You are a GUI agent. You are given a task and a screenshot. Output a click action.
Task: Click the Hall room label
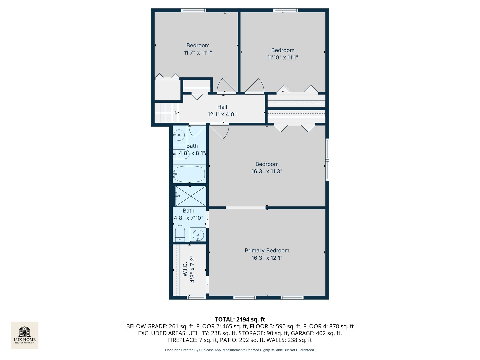(x=222, y=107)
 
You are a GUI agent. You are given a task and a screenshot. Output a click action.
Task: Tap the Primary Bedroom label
(x=267, y=250)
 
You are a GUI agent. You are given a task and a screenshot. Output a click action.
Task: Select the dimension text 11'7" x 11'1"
(x=198, y=53)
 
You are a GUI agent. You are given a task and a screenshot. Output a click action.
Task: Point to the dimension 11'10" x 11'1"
(x=283, y=57)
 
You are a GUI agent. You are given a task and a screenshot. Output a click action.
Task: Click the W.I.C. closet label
(x=185, y=269)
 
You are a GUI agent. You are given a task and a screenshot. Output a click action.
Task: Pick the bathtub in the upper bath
(x=189, y=174)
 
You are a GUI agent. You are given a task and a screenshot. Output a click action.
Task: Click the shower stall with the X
(x=191, y=196)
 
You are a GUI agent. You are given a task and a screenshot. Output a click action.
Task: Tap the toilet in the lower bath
(x=180, y=233)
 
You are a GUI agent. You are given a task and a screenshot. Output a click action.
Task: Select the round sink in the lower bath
(x=198, y=235)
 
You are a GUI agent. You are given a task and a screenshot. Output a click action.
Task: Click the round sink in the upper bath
(x=179, y=135)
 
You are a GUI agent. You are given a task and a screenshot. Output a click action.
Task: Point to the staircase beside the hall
(x=166, y=113)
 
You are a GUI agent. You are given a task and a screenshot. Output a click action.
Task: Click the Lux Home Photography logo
(x=24, y=335)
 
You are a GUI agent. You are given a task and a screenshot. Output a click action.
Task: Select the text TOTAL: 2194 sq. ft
(x=240, y=319)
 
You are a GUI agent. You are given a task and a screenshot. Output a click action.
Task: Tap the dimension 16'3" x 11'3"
(x=267, y=171)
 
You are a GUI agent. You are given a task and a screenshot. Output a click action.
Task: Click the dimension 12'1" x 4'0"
(x=222, y=114)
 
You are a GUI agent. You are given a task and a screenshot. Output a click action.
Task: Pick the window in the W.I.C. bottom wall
(x=196, y=297)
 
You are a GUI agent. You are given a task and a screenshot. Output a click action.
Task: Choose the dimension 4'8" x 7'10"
(x=189, y=218)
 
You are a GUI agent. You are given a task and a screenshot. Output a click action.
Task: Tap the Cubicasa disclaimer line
(x=240, y=350)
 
